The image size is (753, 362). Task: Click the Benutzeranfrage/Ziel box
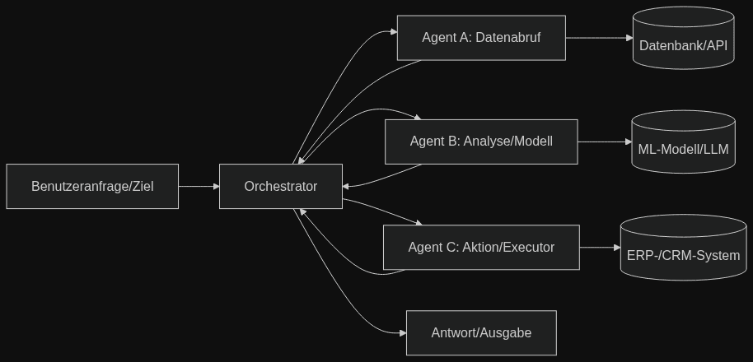[92, 187]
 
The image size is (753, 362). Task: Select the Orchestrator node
[280, 187]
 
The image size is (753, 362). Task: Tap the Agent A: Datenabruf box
[481, 38]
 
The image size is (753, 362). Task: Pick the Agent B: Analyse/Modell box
[481, 142]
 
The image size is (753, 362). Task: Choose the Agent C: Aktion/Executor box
[481, 247]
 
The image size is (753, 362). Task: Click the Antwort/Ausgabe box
[481, 333]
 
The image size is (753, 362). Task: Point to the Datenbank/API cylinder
[683, 39]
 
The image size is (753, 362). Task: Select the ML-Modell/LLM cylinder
[683, 143]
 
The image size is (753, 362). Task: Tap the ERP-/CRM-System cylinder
[683, 248]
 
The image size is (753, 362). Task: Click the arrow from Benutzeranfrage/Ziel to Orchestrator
[198, 187]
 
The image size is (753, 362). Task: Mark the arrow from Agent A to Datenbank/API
[598, 38]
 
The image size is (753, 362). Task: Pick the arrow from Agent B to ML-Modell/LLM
[604, 142]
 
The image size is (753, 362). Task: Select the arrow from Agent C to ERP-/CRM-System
[599, 247]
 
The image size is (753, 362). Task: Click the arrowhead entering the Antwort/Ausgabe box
[402, 333]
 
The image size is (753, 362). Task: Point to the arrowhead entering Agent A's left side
[393, 33]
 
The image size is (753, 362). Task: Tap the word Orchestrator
[280, 187]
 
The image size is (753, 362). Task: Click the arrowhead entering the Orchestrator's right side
[347, 187]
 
